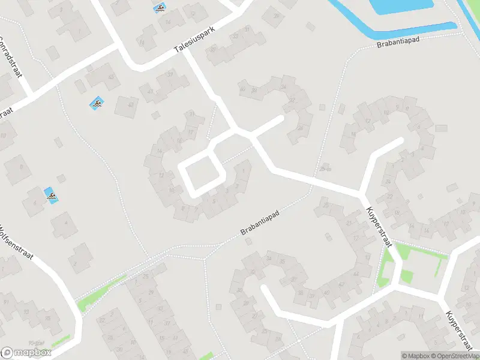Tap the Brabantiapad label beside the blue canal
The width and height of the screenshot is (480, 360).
coord(398,41)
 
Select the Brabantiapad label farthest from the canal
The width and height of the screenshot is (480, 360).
coord(260,223)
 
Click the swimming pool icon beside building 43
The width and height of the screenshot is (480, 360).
coord(97,104)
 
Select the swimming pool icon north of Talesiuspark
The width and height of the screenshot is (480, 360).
coord(160,8)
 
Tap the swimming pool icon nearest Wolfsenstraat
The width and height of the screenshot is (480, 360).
coord(52,195)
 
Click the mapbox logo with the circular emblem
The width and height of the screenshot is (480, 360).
coord(25,353)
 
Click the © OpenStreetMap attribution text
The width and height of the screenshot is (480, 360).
coord(455,356)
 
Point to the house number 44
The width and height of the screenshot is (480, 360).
coord(356,274)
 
